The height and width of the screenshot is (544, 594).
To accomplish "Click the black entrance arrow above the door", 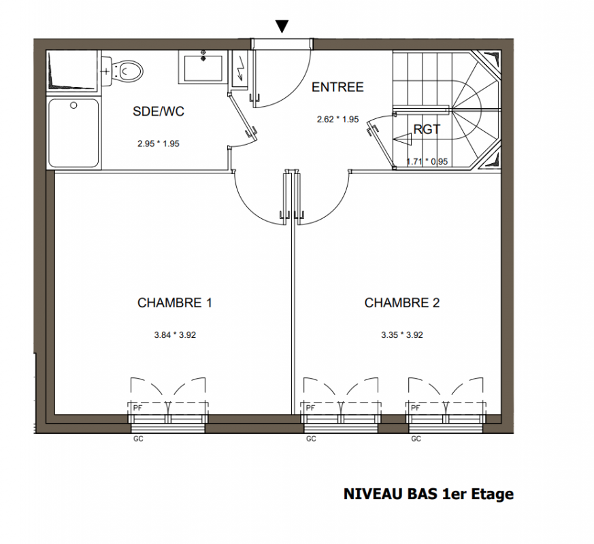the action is point(282,26).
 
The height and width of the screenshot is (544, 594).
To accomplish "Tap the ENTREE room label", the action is point(337,87).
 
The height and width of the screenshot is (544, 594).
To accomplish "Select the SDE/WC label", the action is point(159,112).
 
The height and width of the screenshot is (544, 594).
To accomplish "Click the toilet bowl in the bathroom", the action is point(127,71).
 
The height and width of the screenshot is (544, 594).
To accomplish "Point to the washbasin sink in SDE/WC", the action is point(203,69).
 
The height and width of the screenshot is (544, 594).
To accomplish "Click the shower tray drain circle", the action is point(74,105).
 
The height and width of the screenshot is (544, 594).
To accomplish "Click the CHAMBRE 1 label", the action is point(175,303).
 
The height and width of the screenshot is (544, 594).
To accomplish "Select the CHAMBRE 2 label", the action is point(402,303).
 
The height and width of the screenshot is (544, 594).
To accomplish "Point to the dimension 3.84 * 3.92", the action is point(175,335).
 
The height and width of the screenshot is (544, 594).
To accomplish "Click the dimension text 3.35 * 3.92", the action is point(402,335).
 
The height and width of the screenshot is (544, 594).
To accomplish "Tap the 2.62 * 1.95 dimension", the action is point(338,119).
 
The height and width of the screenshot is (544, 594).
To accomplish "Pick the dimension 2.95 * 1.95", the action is point(159,144).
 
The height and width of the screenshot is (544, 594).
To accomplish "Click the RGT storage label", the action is point(427,129).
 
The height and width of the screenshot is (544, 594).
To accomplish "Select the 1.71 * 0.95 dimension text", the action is point(427,162).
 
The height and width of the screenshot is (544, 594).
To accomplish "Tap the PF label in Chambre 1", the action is point(137,408).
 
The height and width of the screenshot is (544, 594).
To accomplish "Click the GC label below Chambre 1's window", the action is point(138,439).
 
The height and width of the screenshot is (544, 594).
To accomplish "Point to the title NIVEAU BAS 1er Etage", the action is point(429,494).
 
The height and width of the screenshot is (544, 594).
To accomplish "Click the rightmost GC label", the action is point(416,439).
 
